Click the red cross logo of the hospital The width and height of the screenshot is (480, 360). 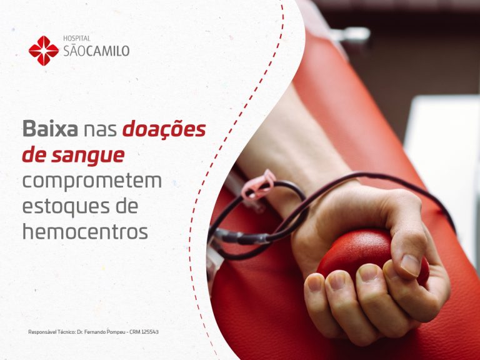[x=43, y=51]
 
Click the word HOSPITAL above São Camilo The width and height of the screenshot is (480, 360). [x=77, y=39]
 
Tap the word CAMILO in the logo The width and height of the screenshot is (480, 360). [x=108, y=51]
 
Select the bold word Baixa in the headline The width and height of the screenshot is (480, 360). [x=50, y=130]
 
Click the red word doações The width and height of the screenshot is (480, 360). [x=164, y=130]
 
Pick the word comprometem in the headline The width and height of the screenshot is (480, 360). [x=92, y=181]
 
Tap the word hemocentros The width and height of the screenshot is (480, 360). [x=85, y=231]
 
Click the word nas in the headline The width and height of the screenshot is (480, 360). [x=100, y=130]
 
